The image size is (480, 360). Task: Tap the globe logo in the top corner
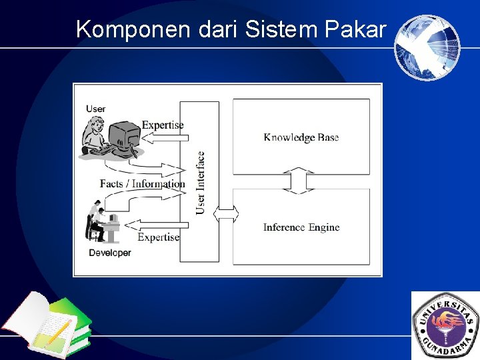[x=427, y=47]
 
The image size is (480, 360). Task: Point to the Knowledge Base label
[x=301, y=137]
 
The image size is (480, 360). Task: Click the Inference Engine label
[x=301, y=227]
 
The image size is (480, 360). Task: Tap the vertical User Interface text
[x=200, y=183]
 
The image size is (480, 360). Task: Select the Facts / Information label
[x=143, y=183]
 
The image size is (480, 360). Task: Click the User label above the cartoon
[x=95, y=109]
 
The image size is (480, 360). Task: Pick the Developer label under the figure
[x=109, y=253]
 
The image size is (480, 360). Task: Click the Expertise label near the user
[x=163, y=125]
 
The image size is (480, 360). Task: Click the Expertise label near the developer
[x=159, y=237]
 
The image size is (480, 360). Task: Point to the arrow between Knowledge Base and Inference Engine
[x=299, y=181]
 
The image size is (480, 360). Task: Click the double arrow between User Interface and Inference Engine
[x=226, y=213]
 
